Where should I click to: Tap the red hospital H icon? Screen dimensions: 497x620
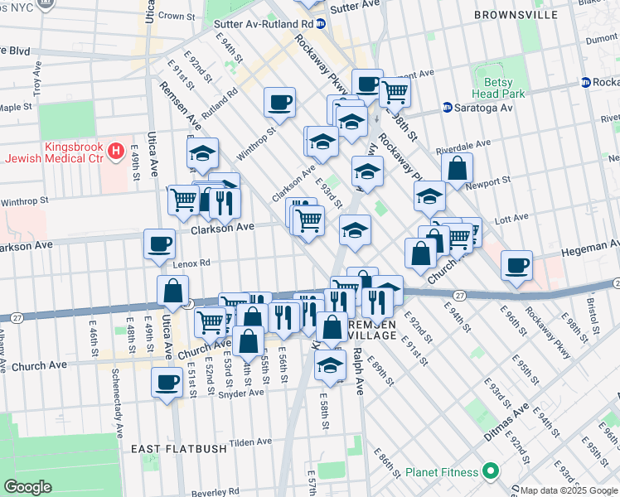116,152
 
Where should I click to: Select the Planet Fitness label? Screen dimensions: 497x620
443,472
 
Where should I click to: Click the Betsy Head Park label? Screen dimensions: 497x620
499,87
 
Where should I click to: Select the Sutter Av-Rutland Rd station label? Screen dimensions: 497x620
265,24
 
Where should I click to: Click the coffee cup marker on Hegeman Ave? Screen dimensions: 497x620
516,266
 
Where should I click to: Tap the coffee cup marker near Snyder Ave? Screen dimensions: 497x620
167,383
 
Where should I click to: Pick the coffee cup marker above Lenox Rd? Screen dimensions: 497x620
160,244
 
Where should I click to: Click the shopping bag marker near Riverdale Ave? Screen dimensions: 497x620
457,169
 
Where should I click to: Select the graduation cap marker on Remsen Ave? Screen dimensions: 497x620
202,153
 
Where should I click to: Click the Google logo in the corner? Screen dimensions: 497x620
27,486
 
